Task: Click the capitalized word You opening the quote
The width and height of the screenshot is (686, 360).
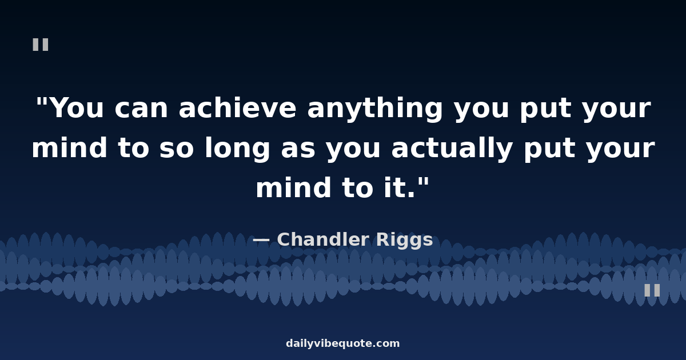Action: pyautogui.click(x=78, y=108)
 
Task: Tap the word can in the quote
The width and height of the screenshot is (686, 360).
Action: pyautogui.click(x=141, y=109)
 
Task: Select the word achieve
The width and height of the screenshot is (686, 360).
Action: pyautogui.click(x=237, y=107)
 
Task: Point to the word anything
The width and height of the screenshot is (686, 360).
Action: pyautogui.click(x=375, y=109)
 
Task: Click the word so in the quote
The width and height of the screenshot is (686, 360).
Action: pyautogui.click(x=177, y=149)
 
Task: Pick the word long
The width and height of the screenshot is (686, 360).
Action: pyautogui.click(x=237, y=149)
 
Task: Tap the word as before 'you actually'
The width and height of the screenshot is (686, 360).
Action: pyautogui.click(x=298, y=149)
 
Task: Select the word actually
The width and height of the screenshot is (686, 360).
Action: pyautogui.click(x=452, y=149)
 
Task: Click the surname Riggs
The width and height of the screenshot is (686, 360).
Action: pyautogui.click(x=404, y=241)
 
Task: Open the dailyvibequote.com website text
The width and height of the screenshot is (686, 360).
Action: pyautogui.click(x=342, y=343)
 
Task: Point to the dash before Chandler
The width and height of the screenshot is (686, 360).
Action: pyautogui.click(x=261, y=241)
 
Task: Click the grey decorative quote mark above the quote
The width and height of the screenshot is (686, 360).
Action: pyautogui.click(x=41, y=45)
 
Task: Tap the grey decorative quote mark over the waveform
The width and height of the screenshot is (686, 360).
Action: pyautogui.click(x=652, y=290)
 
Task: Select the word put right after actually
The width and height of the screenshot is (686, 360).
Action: pyautogui.click(x=549, y=150)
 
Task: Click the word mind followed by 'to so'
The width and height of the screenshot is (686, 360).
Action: pyautogui.click(x=70, y=147)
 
